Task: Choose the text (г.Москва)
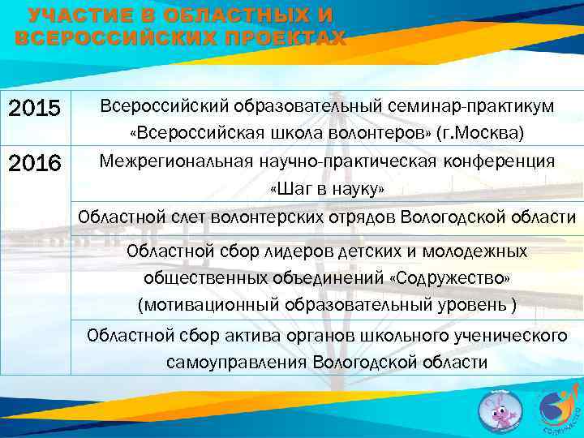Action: click(x=480, y=132)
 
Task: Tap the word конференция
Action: click(x=500, y=161)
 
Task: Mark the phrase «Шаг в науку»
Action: click(x=326, y=189)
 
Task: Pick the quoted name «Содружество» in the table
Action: click(x=449, y=278)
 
